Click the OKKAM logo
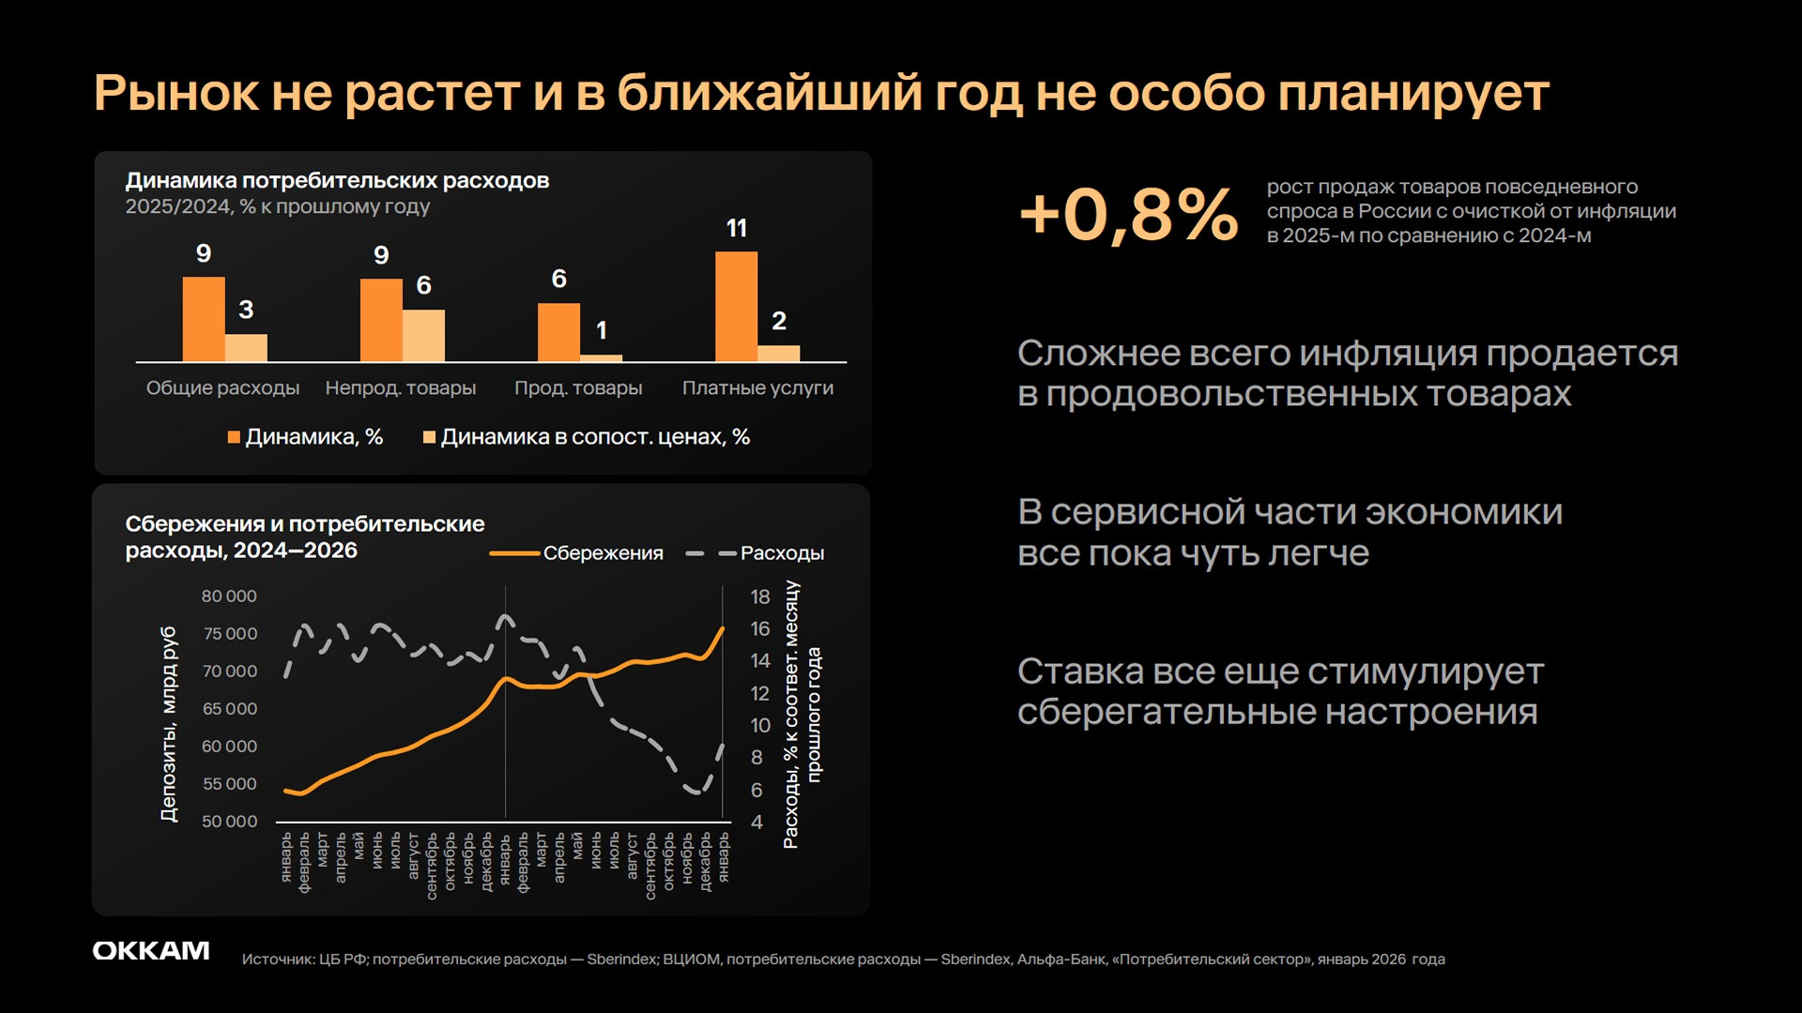(151, 951)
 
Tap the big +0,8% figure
(1128, 214)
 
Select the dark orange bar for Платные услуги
(736, 307)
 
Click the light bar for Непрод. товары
(424, 336)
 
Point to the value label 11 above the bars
(737, 229)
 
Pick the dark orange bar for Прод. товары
(558, 332)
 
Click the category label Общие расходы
(222, 388)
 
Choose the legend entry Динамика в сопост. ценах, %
(587, 437)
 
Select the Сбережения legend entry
(577, 553)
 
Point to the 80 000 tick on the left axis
(229, 597)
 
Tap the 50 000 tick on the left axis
(229, 822)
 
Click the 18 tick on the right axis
(759, 597)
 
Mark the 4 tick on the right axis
(756, 822)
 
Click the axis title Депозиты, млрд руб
(169, 724)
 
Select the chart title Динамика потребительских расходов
(337, 181)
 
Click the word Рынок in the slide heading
(176, 94)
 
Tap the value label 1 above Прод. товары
(602, 331)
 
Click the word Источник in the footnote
(278, 960)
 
